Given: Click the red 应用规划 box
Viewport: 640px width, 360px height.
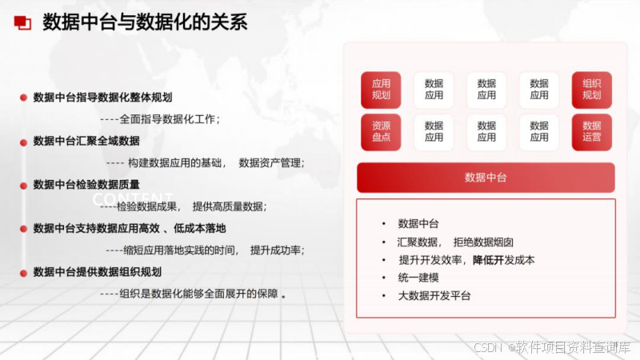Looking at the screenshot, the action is (x=381, y=90).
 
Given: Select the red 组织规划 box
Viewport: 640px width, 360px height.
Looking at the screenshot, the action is (x=591, y=90).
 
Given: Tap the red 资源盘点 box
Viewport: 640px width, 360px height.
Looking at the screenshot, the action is (x=381, y=132).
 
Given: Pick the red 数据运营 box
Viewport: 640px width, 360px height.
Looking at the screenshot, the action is (x=591, y=132).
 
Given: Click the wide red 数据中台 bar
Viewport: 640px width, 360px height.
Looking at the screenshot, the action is (x=486, y=178).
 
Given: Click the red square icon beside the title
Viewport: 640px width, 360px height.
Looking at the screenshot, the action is (x=22, y=22).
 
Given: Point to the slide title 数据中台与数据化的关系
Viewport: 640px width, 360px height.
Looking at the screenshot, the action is (x=145, y=22).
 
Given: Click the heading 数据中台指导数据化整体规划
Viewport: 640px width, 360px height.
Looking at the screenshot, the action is (x=102, y=98).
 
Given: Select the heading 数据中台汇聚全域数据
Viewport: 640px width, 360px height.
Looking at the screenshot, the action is (x=86, y=142).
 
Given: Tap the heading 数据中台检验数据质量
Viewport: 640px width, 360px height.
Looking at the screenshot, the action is (x=86, y=185).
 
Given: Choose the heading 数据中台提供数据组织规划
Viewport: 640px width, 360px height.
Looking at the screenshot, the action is (x=97, y=272).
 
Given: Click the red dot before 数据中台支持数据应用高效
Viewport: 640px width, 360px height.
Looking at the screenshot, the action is (x=24, y=229).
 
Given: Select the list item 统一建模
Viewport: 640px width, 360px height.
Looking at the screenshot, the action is (x=418, y=278).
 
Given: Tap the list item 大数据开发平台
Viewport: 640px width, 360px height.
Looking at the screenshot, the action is (x=434, y=296).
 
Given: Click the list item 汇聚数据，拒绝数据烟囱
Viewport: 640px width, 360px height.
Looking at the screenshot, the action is (x=455, y=242).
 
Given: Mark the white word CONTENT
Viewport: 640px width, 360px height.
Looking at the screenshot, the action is (x=133, y=199).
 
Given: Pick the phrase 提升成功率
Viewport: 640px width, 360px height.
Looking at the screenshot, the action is (x=277, y=250).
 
